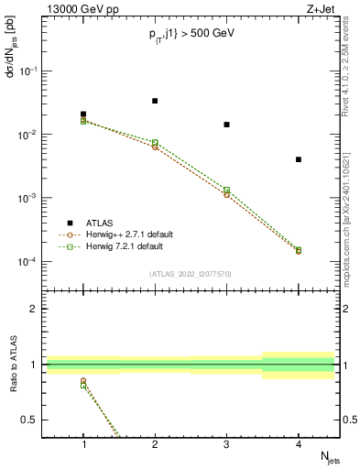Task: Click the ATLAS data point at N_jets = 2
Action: [x=155, y=101]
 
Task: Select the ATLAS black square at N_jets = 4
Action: [x=299, y=159]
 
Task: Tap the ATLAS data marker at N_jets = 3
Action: [x=226, y=125]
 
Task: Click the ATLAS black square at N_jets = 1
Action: [x=83, y=115]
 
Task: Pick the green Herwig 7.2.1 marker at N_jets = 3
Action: [x=226, y=190]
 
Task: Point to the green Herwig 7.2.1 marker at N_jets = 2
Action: [x=155, y=142]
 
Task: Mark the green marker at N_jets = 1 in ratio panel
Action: [x=83, y=385]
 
